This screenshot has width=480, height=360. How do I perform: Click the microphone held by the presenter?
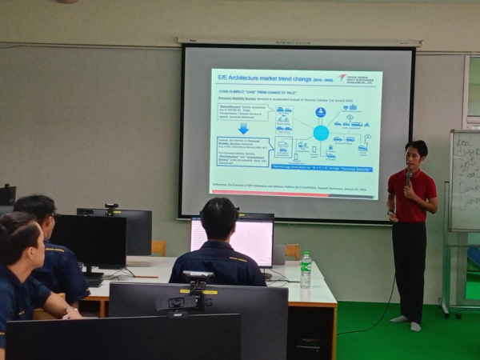[x=408, y=176]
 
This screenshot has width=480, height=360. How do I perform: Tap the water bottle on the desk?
[x=306, y=270]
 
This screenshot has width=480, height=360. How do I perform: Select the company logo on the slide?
[x=358, y=78]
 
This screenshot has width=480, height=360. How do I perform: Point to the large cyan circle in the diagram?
[x=321, y=133]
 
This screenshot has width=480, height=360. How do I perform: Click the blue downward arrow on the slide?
[x=243, y=128]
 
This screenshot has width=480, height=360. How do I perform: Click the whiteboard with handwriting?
[x=465, y=181]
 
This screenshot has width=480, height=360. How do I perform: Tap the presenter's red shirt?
[x=411, y=197]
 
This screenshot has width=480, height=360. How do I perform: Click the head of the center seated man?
[x=219, y=218]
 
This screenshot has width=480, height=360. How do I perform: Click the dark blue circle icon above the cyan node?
[x=321, y=112]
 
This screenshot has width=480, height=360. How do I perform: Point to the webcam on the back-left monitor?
[x=110, y=207]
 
